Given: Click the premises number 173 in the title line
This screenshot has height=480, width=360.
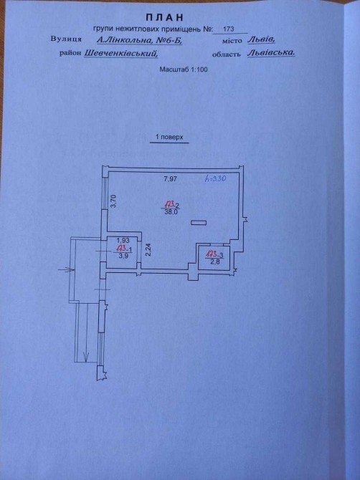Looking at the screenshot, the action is pos(229,29).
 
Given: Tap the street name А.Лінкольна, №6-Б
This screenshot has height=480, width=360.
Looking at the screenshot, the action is pos(139,40).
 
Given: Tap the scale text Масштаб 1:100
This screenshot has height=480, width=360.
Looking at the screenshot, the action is pos(183,69).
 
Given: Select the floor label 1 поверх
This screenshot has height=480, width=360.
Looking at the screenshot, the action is pos(169,137).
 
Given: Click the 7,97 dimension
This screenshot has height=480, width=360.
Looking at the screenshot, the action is pos(171,179).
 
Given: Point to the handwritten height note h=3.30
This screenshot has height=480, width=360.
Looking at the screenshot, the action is pos(215,179).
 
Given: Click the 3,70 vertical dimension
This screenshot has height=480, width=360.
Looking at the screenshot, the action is pos(113,202).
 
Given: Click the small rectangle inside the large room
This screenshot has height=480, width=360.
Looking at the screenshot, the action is pos(199,223).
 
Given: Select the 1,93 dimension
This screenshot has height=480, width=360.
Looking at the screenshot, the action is pos(123,240).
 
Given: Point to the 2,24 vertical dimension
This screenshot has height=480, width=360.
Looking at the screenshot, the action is pos(148,249).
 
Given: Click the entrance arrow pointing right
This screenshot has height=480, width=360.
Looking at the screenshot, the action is pos(67,270).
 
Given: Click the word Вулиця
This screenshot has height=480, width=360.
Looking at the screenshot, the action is pos(66,39).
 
